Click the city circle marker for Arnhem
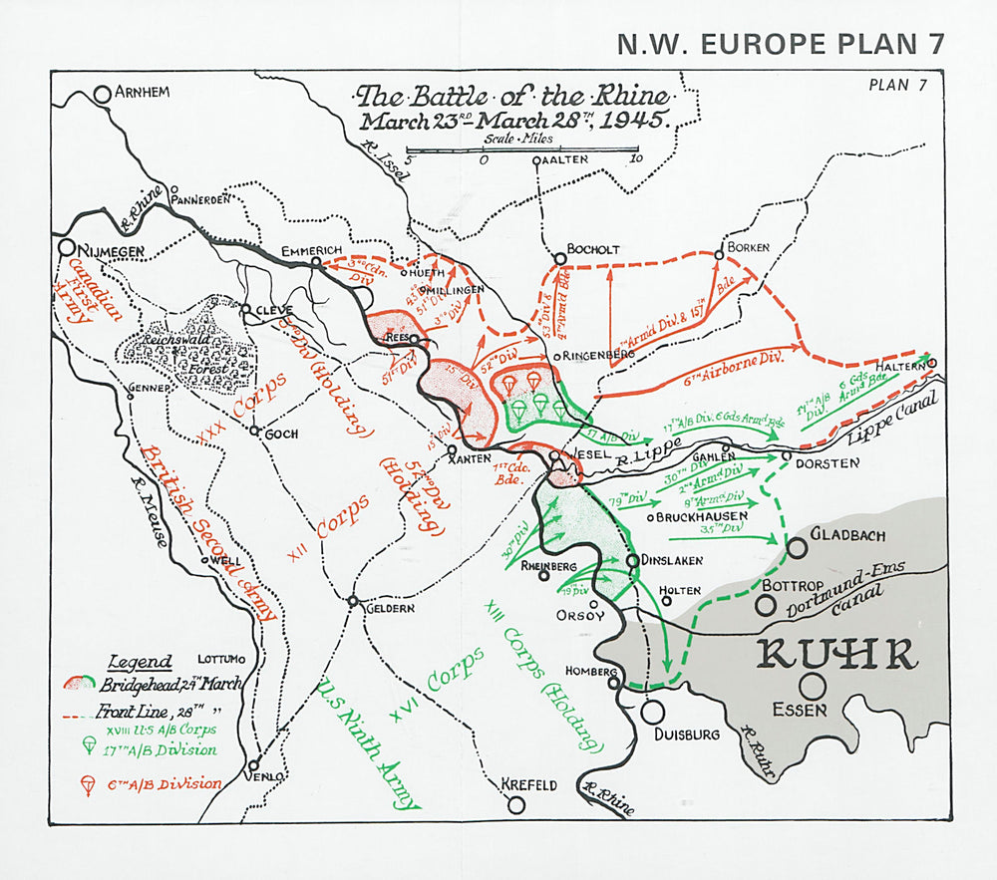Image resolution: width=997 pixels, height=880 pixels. pos(102,95)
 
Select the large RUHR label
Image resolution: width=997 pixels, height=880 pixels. pos(836,655)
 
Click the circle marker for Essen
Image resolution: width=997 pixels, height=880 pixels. pos(813,686)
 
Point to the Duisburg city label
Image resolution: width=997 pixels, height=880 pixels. pos(685,734)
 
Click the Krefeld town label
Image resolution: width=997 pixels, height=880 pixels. pos(529,784)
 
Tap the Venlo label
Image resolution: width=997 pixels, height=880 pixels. pos(270,775)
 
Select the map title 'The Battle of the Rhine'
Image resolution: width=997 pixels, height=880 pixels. pos(514,97)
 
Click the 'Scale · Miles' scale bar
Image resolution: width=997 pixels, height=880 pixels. pos(521,150)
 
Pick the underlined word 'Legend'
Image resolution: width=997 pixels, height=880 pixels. pos(140,661)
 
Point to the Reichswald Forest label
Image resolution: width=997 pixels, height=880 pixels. pos(188,350)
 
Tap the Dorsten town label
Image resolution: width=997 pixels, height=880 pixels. pos(827,463)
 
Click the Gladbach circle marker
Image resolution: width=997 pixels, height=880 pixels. pos(798,547)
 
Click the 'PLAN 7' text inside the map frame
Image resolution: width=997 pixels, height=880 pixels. pos(897,85)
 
